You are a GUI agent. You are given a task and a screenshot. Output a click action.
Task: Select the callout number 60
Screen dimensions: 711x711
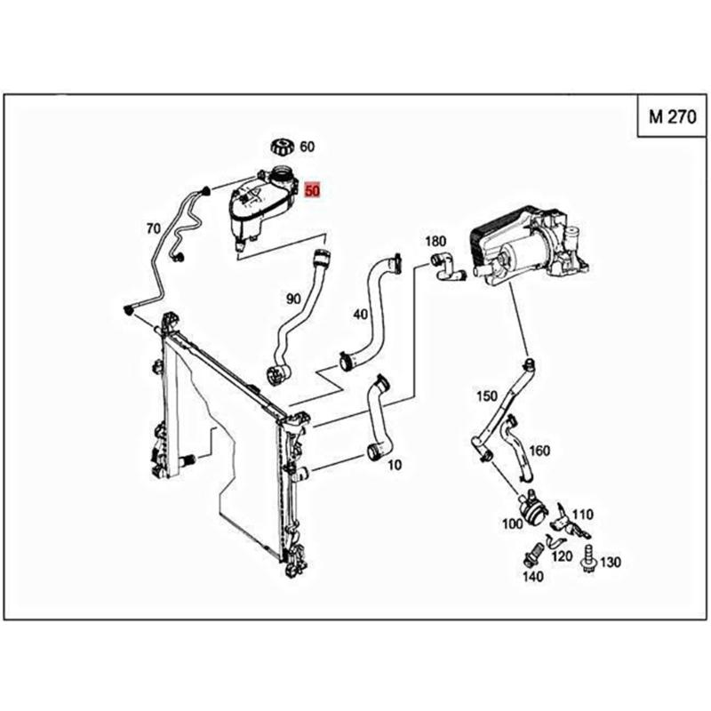pyautogui.click(x=307, y=147)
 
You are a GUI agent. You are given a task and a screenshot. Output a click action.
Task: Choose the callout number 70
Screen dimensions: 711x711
pyautogui.click(x=153, y=228)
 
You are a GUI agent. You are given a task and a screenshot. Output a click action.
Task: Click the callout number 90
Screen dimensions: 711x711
pyautogui.click(x=293, y=300)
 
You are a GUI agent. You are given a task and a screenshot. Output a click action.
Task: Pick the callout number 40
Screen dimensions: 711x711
pyautogui.click(x=360, y=315)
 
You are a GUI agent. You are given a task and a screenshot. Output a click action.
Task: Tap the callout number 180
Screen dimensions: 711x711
pyautogui.click(x=435, y=242)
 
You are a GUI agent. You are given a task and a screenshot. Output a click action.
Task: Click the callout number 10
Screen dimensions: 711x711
pyautogui.click(x=395, y=465)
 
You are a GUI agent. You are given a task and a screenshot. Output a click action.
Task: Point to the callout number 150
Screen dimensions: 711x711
pyautogui.click(x=487, y=395)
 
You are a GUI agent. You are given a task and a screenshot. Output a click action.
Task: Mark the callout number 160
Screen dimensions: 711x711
pyautogui.click(x=539, y=451)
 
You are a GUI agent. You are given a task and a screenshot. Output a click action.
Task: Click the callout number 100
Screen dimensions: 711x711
pyautogui.click(x=512, y=524)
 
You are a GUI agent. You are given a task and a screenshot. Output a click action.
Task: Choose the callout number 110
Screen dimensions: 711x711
pyautogui.click(x=582, y=514)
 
